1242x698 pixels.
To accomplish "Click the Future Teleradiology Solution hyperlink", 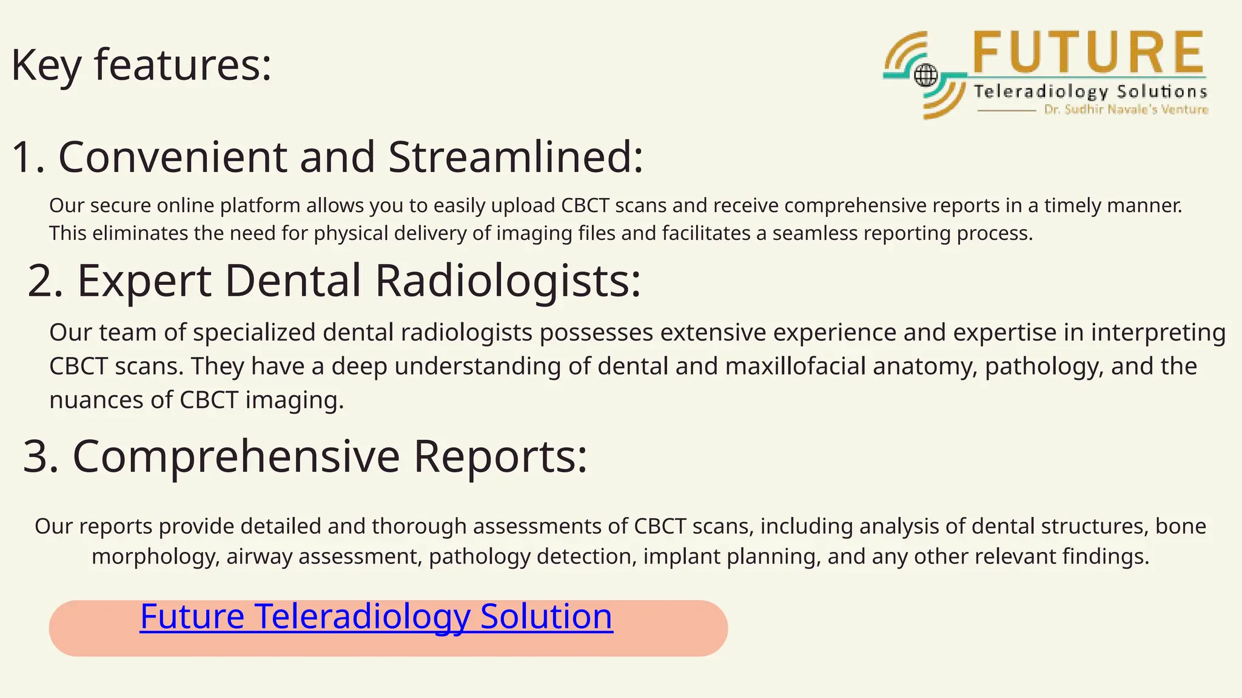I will click(x=376, y=617).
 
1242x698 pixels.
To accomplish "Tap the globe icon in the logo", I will click(x=925, y=76).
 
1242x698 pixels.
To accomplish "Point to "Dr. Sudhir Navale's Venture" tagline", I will click(x=1126, y=110).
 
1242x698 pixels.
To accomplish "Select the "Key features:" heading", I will click(x=141, y=64).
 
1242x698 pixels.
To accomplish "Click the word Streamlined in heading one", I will click(x=515, y=157).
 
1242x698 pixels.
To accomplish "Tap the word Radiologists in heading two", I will click(x=508, y=281).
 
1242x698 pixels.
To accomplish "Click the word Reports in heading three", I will click(x=500, y=456).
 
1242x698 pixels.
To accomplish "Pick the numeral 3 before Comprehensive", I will click(x=40, y=456).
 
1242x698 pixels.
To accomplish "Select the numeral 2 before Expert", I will click(x=45, y=281).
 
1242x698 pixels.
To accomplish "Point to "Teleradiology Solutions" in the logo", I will click(x=1090, y=92).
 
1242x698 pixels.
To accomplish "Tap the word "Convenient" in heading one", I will click(x=172, y=157).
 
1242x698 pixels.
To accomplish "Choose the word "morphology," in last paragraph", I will click(x=156, y=556).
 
